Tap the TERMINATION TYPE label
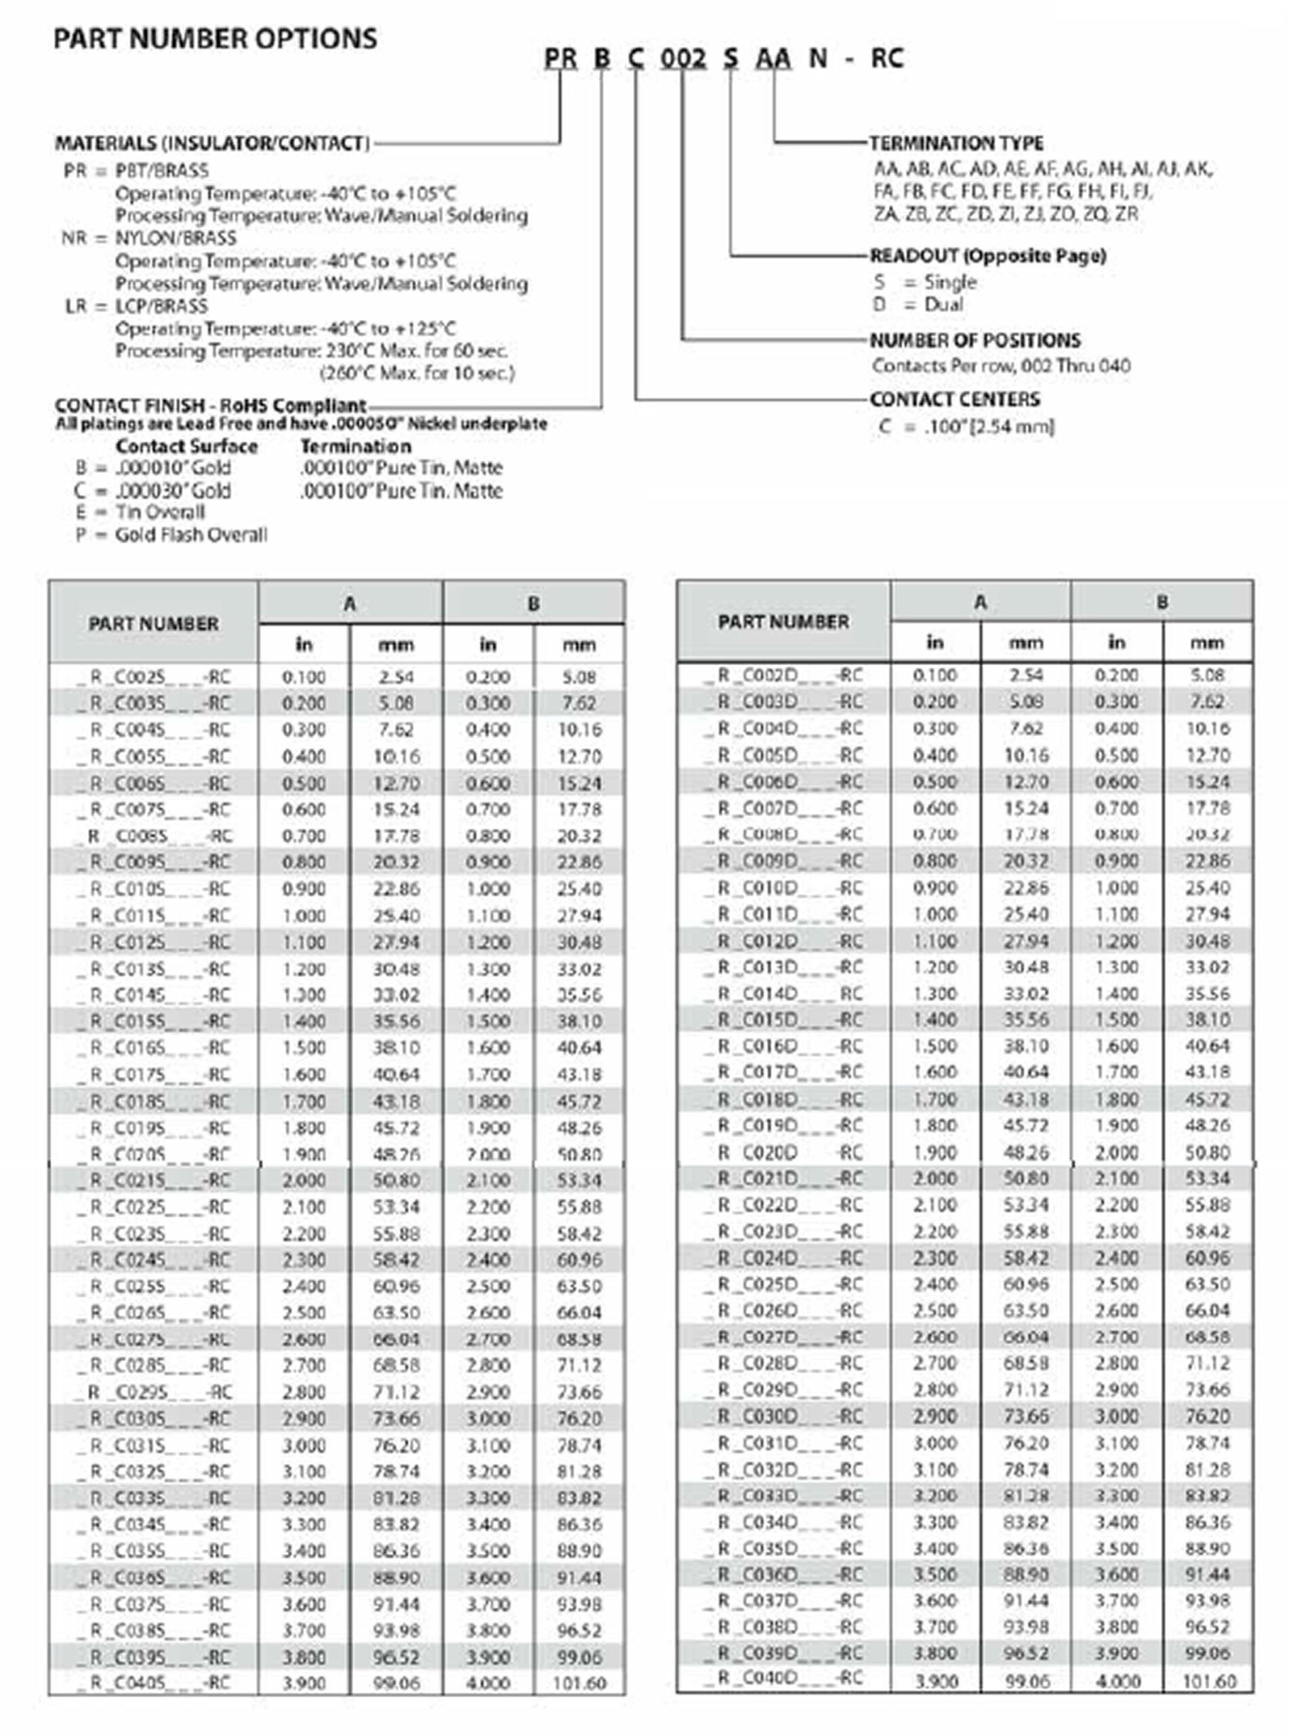click(956, 143)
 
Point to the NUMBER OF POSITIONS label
click(975, 340)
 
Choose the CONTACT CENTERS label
click(954, 399)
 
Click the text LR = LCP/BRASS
click(136, 306)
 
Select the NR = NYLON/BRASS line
click(148, 238)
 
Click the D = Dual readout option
click(918, 304)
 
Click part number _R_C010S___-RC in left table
click(154, 889)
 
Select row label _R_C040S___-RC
click(154, 1683)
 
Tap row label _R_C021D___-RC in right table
click(783, 1177)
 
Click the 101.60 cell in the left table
click(578, 1683)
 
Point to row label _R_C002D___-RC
click(783, 675)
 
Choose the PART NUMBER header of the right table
click(783, 621)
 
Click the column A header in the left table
click(350, 603)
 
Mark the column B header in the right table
click(1161, 601)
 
